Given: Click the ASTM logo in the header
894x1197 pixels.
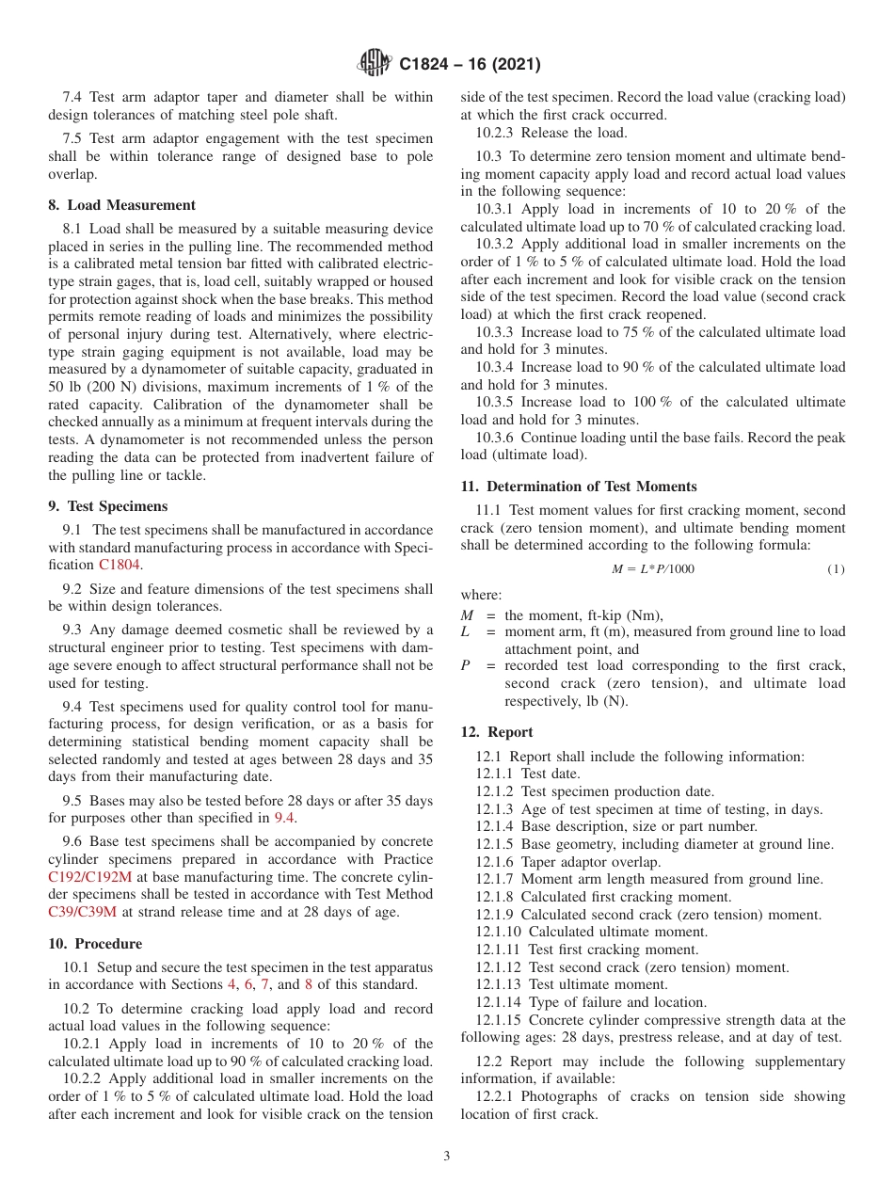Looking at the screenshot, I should [375, 64].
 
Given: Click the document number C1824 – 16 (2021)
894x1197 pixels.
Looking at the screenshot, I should [470, 65].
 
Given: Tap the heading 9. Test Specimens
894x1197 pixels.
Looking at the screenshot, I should [107, 506].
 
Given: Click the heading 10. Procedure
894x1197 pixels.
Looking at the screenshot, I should [95, 944].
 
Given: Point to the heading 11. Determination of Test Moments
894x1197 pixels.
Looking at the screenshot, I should [578, 487].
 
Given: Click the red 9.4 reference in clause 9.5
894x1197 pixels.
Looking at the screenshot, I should [283, 818].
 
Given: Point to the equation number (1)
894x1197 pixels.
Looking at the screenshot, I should [836, 569].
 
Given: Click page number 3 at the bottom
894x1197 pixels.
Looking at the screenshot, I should [447, 1157].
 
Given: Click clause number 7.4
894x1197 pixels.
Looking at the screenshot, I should [73, 97].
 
